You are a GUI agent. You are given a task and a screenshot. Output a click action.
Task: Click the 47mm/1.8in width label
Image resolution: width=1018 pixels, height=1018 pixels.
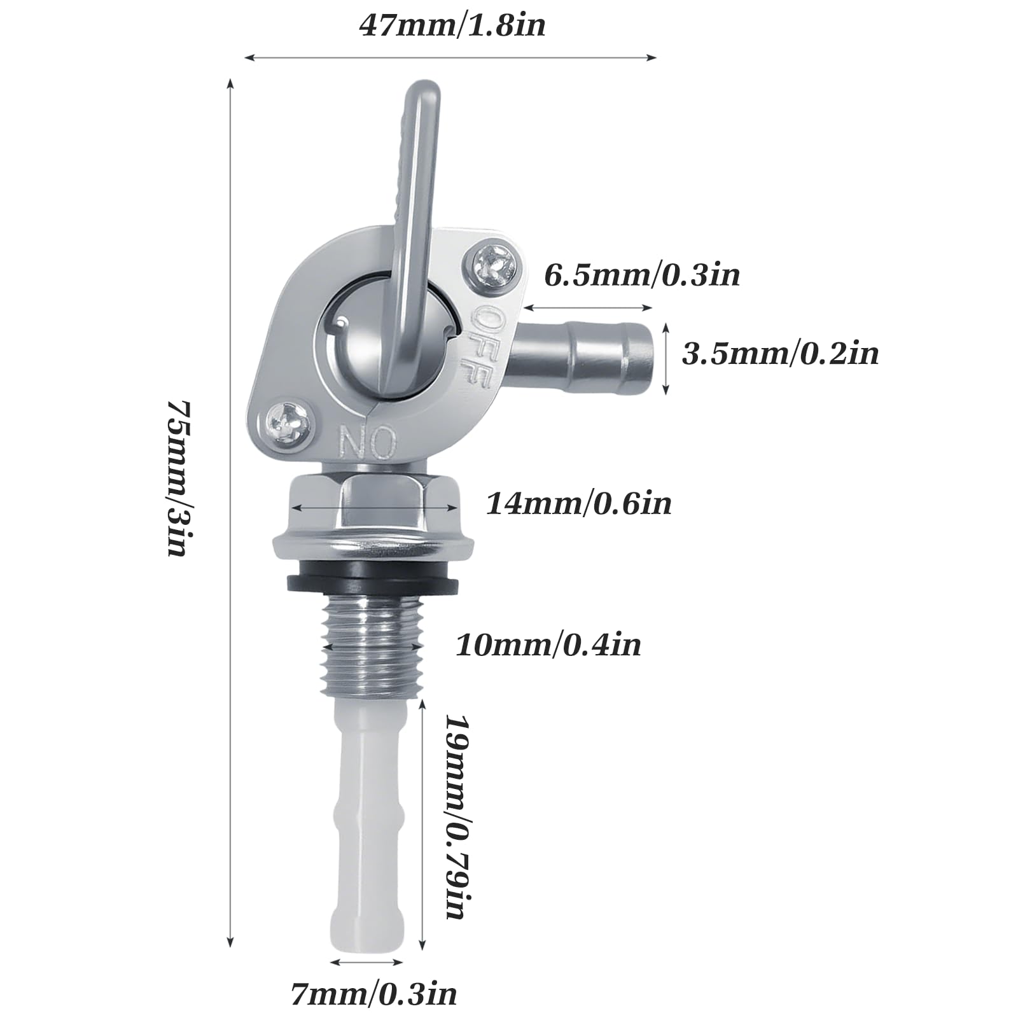coord(452,26)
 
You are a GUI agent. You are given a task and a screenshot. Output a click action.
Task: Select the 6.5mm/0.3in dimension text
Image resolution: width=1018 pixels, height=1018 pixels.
coord(642,275)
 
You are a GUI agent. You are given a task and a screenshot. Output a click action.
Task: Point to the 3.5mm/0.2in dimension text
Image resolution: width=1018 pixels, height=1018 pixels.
coord(780,353)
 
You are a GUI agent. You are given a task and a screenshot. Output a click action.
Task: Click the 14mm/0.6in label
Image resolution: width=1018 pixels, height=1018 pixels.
coord(579,504)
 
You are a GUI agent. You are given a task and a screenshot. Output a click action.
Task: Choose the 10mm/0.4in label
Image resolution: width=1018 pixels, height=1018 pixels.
coord(548,645)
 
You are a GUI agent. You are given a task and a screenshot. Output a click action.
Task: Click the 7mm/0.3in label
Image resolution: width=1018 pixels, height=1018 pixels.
coord(374,994)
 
